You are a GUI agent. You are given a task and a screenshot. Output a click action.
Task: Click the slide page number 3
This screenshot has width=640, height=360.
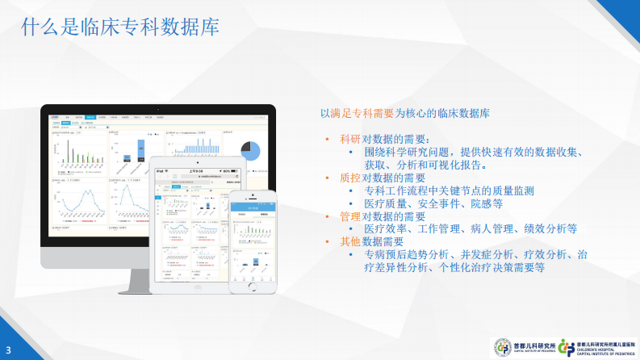click(7, 350)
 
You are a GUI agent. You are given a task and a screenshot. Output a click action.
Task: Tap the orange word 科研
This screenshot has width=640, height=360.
click(350, 139)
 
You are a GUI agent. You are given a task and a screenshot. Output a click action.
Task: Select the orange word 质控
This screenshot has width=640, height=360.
click(350, 178)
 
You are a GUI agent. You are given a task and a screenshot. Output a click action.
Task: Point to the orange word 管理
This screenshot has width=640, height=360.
click(350, 216)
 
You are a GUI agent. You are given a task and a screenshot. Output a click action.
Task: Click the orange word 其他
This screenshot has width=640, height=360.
click(350, 241)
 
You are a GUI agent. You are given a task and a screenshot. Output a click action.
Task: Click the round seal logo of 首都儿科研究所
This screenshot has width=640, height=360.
click(502, 346)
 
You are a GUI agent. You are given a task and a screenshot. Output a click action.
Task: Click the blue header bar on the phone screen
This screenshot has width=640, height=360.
click(252, 207)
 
